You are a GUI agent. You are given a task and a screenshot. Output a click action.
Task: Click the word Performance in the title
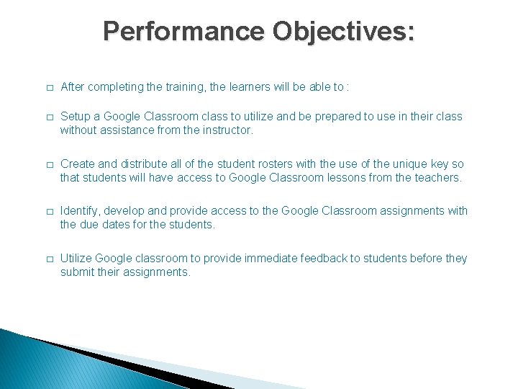click(183, 31)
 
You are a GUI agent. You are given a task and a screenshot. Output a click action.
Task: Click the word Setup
click(76, 116)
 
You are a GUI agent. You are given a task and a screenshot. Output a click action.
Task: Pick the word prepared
click(346, 116)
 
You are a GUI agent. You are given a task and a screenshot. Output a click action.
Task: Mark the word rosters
click(275, 164)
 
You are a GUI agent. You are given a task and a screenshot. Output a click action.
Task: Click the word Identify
click(80, 210)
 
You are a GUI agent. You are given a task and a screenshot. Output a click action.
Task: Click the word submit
click(78, 272)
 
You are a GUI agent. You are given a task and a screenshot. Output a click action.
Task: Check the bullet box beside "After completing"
click(48, 88)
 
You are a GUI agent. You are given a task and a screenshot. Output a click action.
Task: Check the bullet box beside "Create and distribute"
click(48, 164)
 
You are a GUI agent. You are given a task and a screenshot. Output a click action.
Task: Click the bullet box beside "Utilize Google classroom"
click(48, 259)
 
